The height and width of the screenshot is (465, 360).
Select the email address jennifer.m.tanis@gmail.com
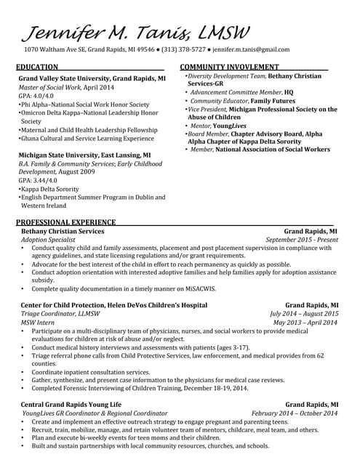point(251,50)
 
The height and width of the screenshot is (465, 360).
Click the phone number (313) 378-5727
point(182,50)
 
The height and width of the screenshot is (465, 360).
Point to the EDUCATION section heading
point(37,67)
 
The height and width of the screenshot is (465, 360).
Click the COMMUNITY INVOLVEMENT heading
point(226,67)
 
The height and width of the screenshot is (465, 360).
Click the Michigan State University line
point(84,155)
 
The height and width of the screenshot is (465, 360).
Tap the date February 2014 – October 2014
point(295,413)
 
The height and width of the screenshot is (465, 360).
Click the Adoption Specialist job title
point(48,240)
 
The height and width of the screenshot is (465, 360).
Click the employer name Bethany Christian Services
point(63,231)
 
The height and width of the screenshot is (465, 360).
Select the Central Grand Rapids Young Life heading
point(71,404)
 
